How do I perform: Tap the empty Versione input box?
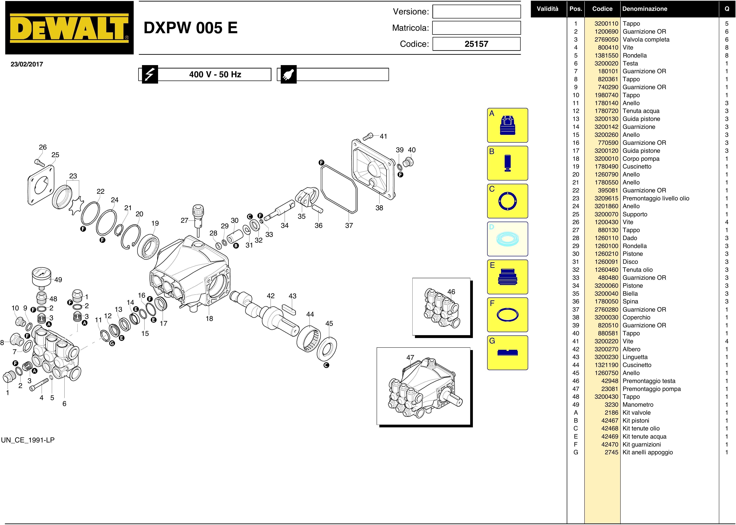click(x=477, y=12)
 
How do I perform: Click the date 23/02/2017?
click(x=27, y=64)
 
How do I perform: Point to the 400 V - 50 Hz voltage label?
click(x=215, y=74)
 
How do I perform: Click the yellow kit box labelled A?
click(x=507, y=125)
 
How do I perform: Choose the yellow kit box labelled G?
click(x=507, y=353)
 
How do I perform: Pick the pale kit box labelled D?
click(x=507, y=239)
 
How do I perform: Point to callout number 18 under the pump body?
click(x=209, y=318)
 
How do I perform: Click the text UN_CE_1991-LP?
click(x=28, y=440)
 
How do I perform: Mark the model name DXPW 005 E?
click(x=191, y=28)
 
